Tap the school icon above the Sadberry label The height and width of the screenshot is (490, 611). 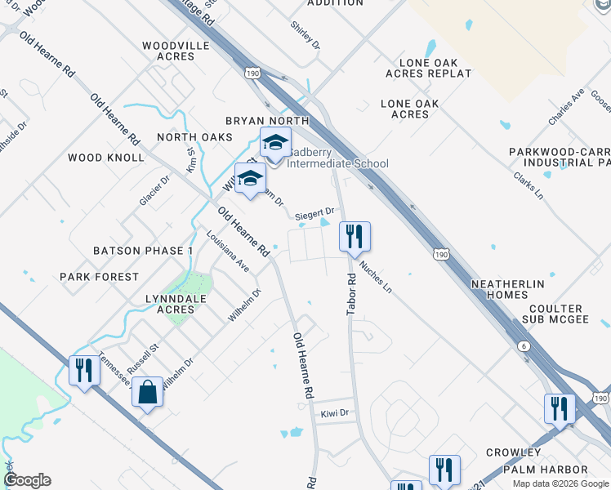tap(275, 144)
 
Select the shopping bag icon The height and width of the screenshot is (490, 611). tap(148, 392)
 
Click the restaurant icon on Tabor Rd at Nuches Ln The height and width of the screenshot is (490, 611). tap(355, 238)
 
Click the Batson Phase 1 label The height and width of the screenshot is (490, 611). tap(143, 251)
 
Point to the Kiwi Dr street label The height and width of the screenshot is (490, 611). tap(335, 413)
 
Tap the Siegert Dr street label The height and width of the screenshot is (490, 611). tap(315, 212)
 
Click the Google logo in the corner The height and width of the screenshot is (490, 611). tap(27, 480)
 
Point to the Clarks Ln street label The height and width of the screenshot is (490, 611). tap(528, 185)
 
